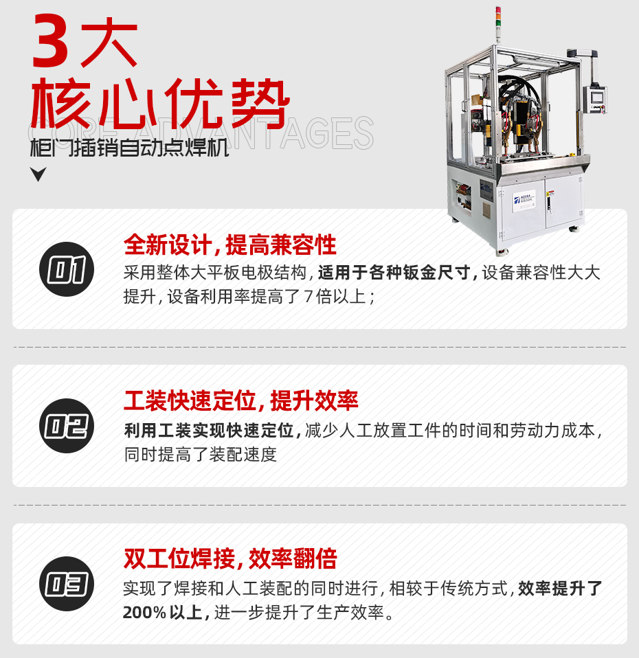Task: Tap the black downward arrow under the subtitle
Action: [x=38, y=174]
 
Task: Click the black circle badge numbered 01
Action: [x=67, y=269]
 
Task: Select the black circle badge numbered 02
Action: [x=67, y=426]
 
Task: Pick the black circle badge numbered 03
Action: [x=67, y=584]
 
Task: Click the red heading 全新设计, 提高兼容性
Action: [x=229, y=245]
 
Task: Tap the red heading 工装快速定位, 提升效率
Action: [x=240, y=400]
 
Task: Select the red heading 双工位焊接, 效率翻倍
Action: [x=229, y=558]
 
